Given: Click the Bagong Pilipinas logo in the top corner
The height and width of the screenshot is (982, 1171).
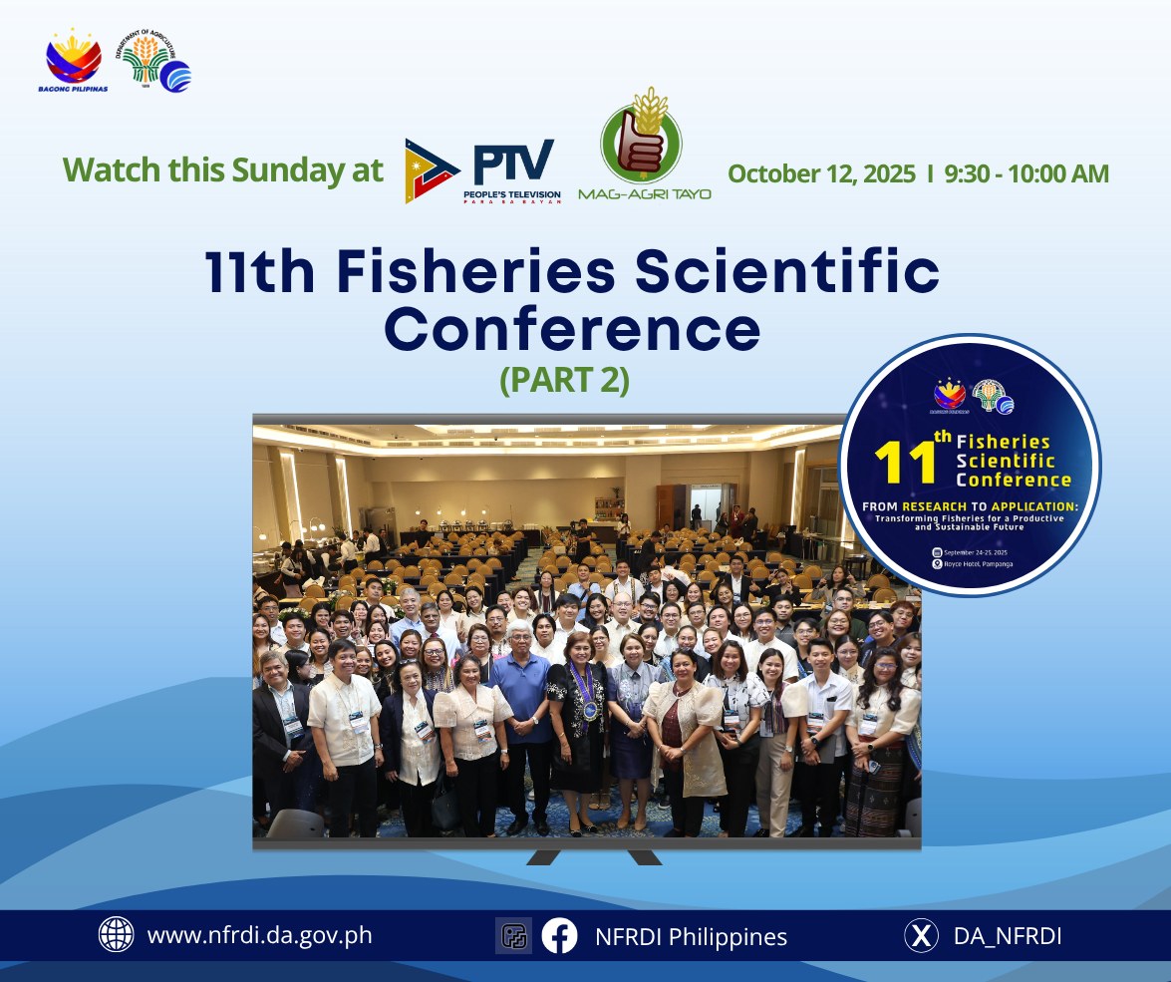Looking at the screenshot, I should pyautogui.click(x=75, y=60).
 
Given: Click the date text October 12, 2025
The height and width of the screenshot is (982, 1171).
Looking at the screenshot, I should pyautogui.click(x=821, y=173).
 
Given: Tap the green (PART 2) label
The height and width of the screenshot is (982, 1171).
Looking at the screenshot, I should pyautogui.click(x=565, y=381).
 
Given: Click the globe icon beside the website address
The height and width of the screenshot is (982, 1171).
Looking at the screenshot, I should pyautogui.click(x=117, y=935).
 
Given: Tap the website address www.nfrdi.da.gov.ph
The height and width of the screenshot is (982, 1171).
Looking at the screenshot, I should pyautogui.click(x=259, y=935).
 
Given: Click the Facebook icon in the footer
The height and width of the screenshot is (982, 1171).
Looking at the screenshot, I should pyautogui.click(x=560, y=935).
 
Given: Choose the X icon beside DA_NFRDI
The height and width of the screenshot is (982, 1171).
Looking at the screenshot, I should pyautogui.click(x=922, y=935).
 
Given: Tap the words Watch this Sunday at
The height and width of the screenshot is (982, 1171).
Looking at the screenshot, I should pyautogui.click(x=223, y=170).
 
